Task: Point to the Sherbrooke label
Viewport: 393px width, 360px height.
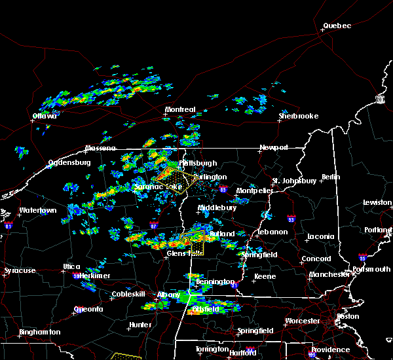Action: pos(298,116)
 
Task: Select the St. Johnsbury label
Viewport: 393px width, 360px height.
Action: pos(295,180)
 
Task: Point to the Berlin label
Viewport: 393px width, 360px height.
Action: pos(331,177)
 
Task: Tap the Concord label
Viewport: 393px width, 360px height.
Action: pos(316,259)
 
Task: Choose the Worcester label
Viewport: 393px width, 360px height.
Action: pos(303,321)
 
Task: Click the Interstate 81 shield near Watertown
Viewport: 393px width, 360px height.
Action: pos(9,225)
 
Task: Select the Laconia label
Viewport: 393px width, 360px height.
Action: pos(321,236)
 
